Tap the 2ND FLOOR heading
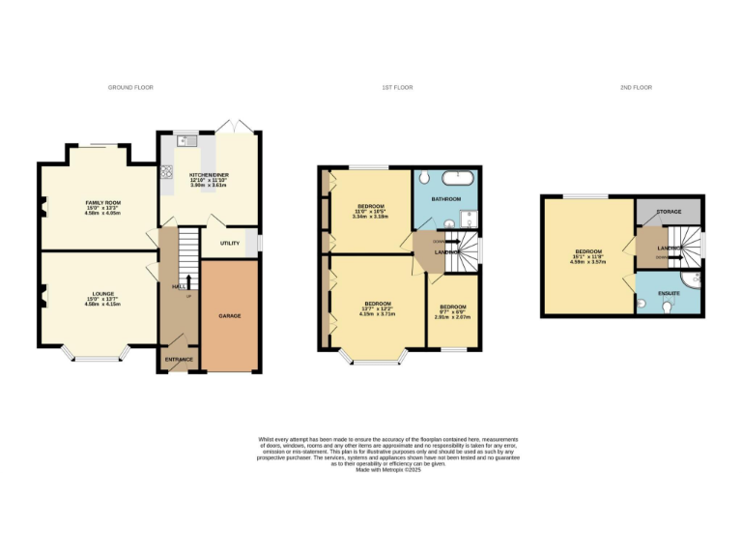click(x=636, y=88)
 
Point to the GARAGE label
click(x=229, y=316)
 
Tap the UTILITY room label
click(x=229, y=243)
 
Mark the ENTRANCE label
click(x=179, y=360)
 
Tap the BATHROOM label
click(x=446, y=198)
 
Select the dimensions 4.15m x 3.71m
click(x=376, y=314)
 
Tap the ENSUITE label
click(x=669, y=292)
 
